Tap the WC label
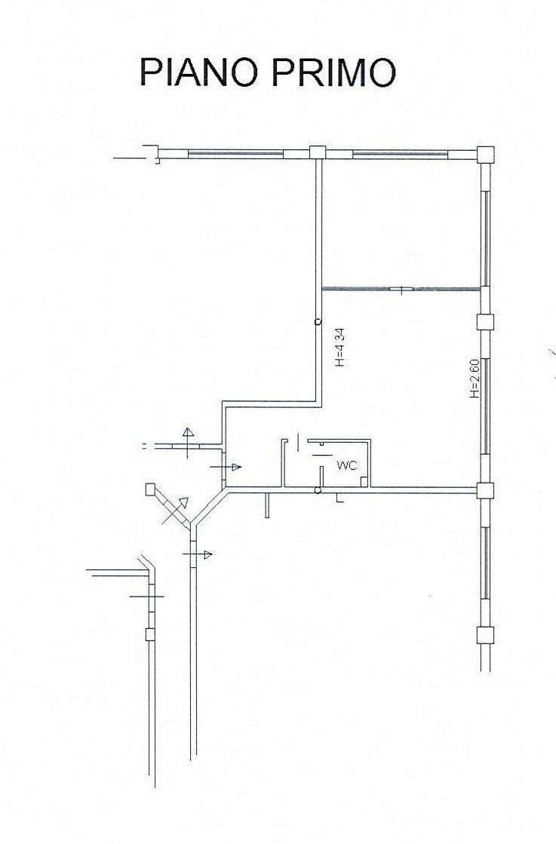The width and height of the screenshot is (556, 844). click(347, 466)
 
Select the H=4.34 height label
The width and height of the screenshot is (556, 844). click(339, 345)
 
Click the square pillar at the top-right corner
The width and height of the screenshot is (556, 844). click(486, 154)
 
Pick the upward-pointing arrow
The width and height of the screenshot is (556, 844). click(187, 439)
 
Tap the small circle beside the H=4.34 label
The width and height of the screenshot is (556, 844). click(318, 322)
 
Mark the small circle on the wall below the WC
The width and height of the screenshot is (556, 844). click(318, 492)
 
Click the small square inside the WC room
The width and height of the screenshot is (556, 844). click(364, 480)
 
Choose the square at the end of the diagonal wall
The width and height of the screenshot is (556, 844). click(150, 490)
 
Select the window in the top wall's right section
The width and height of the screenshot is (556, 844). click(400, 154)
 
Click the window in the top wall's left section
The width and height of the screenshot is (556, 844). click(235, 153)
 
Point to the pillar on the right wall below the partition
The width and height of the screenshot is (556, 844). click(486, 322)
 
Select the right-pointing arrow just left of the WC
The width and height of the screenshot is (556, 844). click(226, 468)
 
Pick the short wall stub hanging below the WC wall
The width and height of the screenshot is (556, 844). click(268, 505)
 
